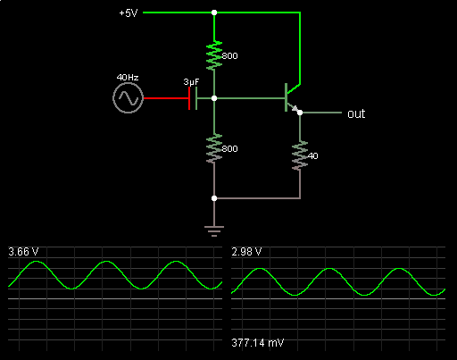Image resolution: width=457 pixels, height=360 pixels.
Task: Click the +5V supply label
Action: click(129, 13)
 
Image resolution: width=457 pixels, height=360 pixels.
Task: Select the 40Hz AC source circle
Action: click(129, 98)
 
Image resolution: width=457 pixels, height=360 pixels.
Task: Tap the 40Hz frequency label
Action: click(128, 78)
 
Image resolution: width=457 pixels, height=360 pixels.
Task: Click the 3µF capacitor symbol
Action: click(193, 98)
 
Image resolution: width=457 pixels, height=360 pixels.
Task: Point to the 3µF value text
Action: click(191, 82)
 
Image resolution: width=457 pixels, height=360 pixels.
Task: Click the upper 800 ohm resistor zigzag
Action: click(214, 55)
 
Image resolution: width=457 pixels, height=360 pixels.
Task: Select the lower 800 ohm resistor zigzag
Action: click(214, 148)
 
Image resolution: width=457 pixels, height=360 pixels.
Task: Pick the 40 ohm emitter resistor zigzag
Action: click(300, 155)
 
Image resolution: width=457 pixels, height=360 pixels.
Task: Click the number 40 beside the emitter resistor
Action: click(312, 155)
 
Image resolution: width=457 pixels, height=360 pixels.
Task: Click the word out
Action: click(356, 113)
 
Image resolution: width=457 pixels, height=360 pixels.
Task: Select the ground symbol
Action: click(214, 231)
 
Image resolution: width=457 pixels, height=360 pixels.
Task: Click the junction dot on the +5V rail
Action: click(214, 13)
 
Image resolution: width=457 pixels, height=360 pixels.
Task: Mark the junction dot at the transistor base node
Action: click(214, 98)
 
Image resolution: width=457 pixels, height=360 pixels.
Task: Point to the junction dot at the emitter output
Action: click(300, 113)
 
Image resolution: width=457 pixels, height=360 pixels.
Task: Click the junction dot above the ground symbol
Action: click(214, 198)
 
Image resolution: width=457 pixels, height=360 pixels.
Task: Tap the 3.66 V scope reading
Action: click(23, 252)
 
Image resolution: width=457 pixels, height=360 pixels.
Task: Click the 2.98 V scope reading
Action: click(246, 252)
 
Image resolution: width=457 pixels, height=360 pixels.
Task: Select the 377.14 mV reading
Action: click(258, 343)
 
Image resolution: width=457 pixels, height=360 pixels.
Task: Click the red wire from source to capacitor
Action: click(166, 98)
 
